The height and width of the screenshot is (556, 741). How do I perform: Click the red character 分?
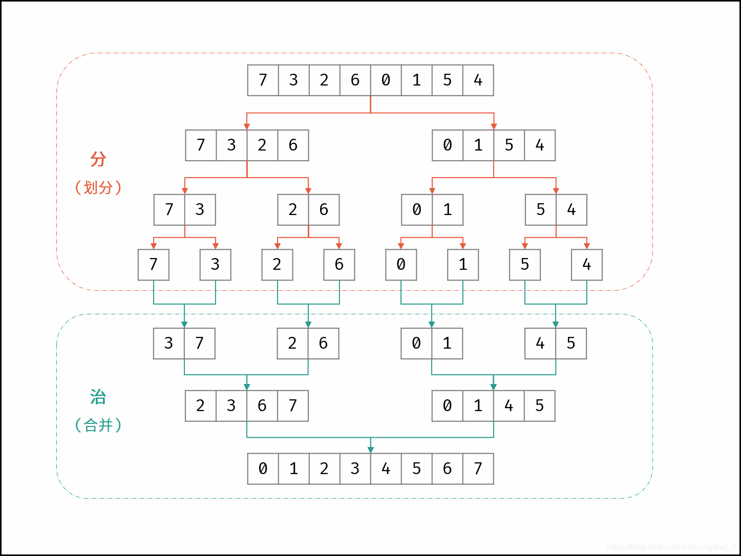pyautogui.click(x=98, y=159)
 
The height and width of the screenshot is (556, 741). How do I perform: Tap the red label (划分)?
pyautogui.click(x=98, y=187)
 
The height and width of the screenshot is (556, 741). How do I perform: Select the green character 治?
pyautogui.click(x=98, y=396)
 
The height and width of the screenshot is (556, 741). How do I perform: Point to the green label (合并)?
pyautogui.click(x=98, y=425)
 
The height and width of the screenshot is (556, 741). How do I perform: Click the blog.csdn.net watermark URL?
pyautogui.click(x=670, y=547)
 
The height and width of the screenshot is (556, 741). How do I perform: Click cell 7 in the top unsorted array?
pyautogui.click(x=263, y=80)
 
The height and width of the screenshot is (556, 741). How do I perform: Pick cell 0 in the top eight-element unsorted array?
pyautogui.click(x=386, y=80)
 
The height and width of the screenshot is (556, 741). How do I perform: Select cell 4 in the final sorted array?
pyautogui.click(x=386, y=468)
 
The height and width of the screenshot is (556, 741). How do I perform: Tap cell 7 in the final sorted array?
pyautogui.click(x=478, y=468)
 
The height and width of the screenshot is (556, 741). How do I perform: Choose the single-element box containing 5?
pyautogui.click(x=525, y=265)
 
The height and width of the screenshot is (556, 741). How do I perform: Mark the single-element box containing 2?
pyautogui.click(x=277, y=265)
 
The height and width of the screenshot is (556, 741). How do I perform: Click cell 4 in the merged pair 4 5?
pyautogui.click(x=540, y=344)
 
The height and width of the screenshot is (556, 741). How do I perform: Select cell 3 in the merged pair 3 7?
pyautogui.click(x=168, y=344)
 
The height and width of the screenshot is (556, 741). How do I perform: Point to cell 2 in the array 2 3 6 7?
pyautogui.click(x=200, y=406)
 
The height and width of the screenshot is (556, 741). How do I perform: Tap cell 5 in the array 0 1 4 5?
pyautogui.click(x=539, y=406)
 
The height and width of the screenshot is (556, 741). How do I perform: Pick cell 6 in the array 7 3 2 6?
pyautogui.click(x=293, y=145)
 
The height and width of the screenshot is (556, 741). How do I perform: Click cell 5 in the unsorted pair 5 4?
pyautogui.click(x=541, y=210)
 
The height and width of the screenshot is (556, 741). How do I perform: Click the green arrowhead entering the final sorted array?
pyautogui.click(x=371, y=450)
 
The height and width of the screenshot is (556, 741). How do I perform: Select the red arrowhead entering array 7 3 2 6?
pyautogui.click(x=247, y=126)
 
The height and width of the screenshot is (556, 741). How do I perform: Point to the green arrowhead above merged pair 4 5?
pyautogui.click(x=556, y=324)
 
